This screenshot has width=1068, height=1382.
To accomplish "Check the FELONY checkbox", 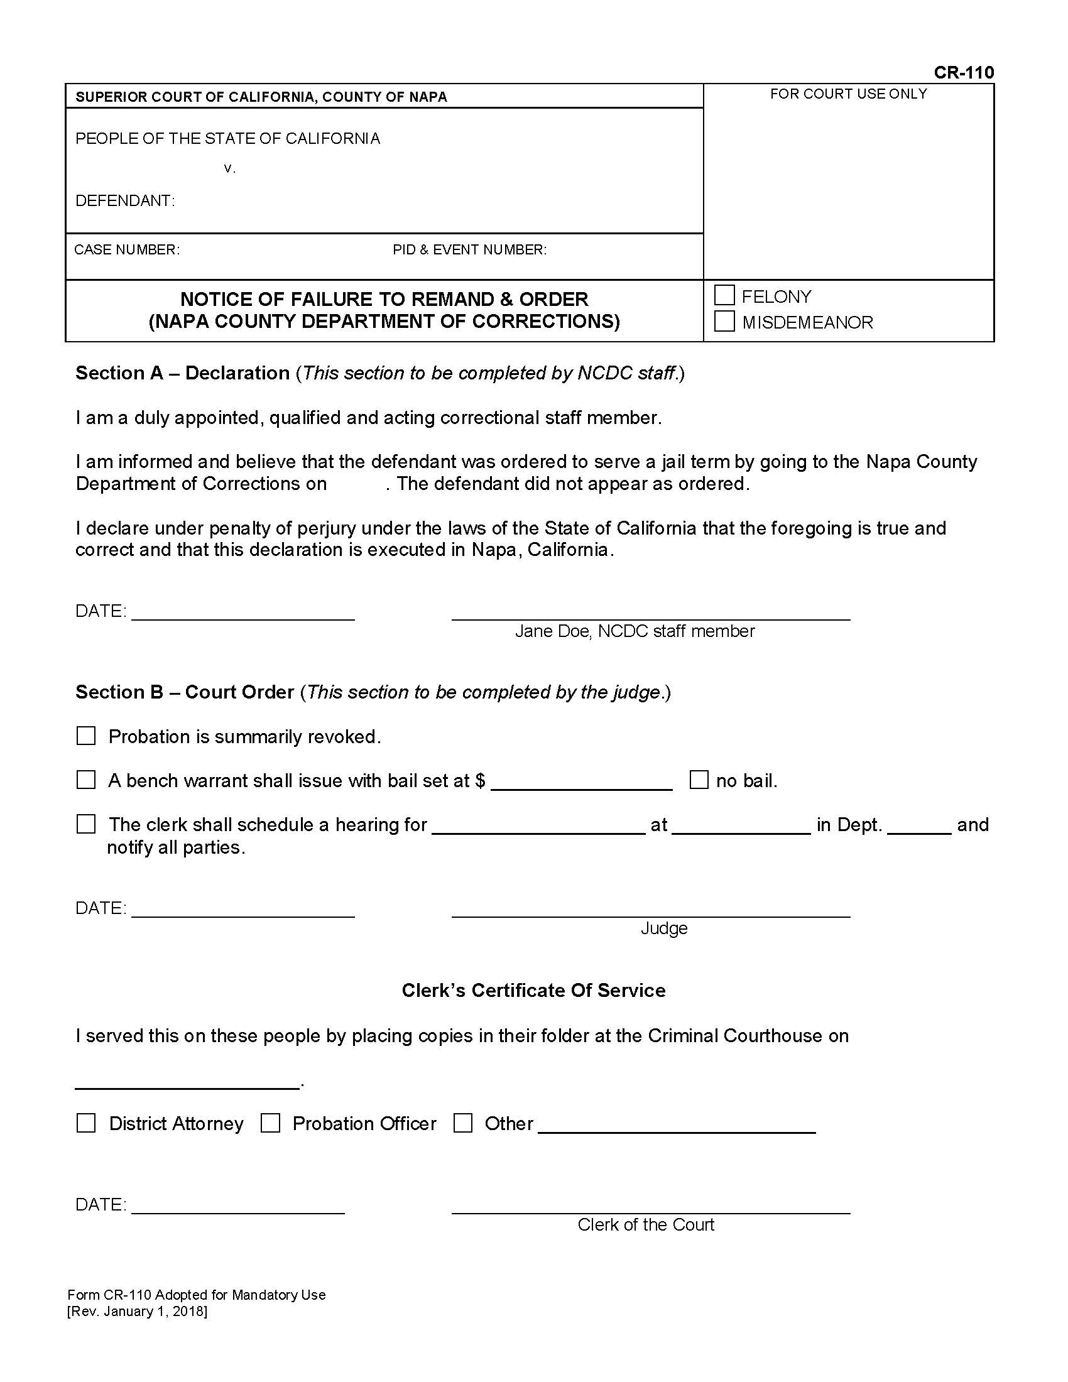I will coord(724,295).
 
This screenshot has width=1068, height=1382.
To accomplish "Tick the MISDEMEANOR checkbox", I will coord(724,322).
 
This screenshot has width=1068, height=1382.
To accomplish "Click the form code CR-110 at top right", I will coord(963,73).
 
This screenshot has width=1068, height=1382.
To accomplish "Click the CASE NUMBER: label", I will coord(126,250).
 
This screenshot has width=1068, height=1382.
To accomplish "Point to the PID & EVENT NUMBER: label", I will coord(469,250).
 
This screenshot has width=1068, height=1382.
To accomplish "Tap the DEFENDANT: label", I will coord(124,201).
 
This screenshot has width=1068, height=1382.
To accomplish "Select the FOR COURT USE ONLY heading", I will coord(848,94).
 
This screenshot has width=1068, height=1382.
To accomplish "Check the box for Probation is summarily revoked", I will coord(86,736).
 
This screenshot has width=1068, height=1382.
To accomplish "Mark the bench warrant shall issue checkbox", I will coord(86,780).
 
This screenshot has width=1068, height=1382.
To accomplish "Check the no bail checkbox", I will coord(699,780).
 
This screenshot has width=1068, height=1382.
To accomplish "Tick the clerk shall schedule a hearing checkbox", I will coord(86,824).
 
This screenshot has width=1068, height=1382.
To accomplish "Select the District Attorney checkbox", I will coord(86,1123).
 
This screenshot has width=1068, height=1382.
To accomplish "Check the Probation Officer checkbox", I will coord(270,1123).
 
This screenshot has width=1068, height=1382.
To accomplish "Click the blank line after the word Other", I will coord(676,1126).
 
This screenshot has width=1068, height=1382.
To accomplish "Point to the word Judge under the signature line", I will coord(663,928).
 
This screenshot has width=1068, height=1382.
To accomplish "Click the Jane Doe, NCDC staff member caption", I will coord(635,631).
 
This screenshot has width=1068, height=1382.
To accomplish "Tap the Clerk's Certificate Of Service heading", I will coord(533,990).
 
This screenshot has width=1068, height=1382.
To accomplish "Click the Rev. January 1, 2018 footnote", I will coord(138,1311).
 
